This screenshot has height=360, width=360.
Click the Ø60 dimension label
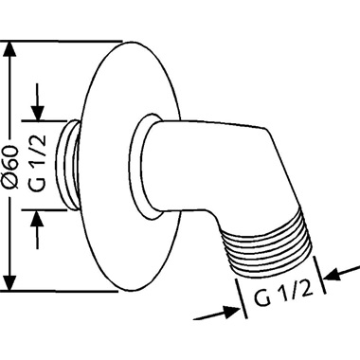13,167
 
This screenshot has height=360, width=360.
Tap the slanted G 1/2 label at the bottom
283,295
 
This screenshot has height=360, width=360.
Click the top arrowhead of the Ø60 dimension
10,49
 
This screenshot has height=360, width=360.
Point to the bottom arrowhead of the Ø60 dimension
10,283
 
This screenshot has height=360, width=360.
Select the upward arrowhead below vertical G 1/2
38,218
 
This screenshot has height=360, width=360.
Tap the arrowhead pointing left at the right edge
333,275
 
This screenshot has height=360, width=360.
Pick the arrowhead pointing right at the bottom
231,311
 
